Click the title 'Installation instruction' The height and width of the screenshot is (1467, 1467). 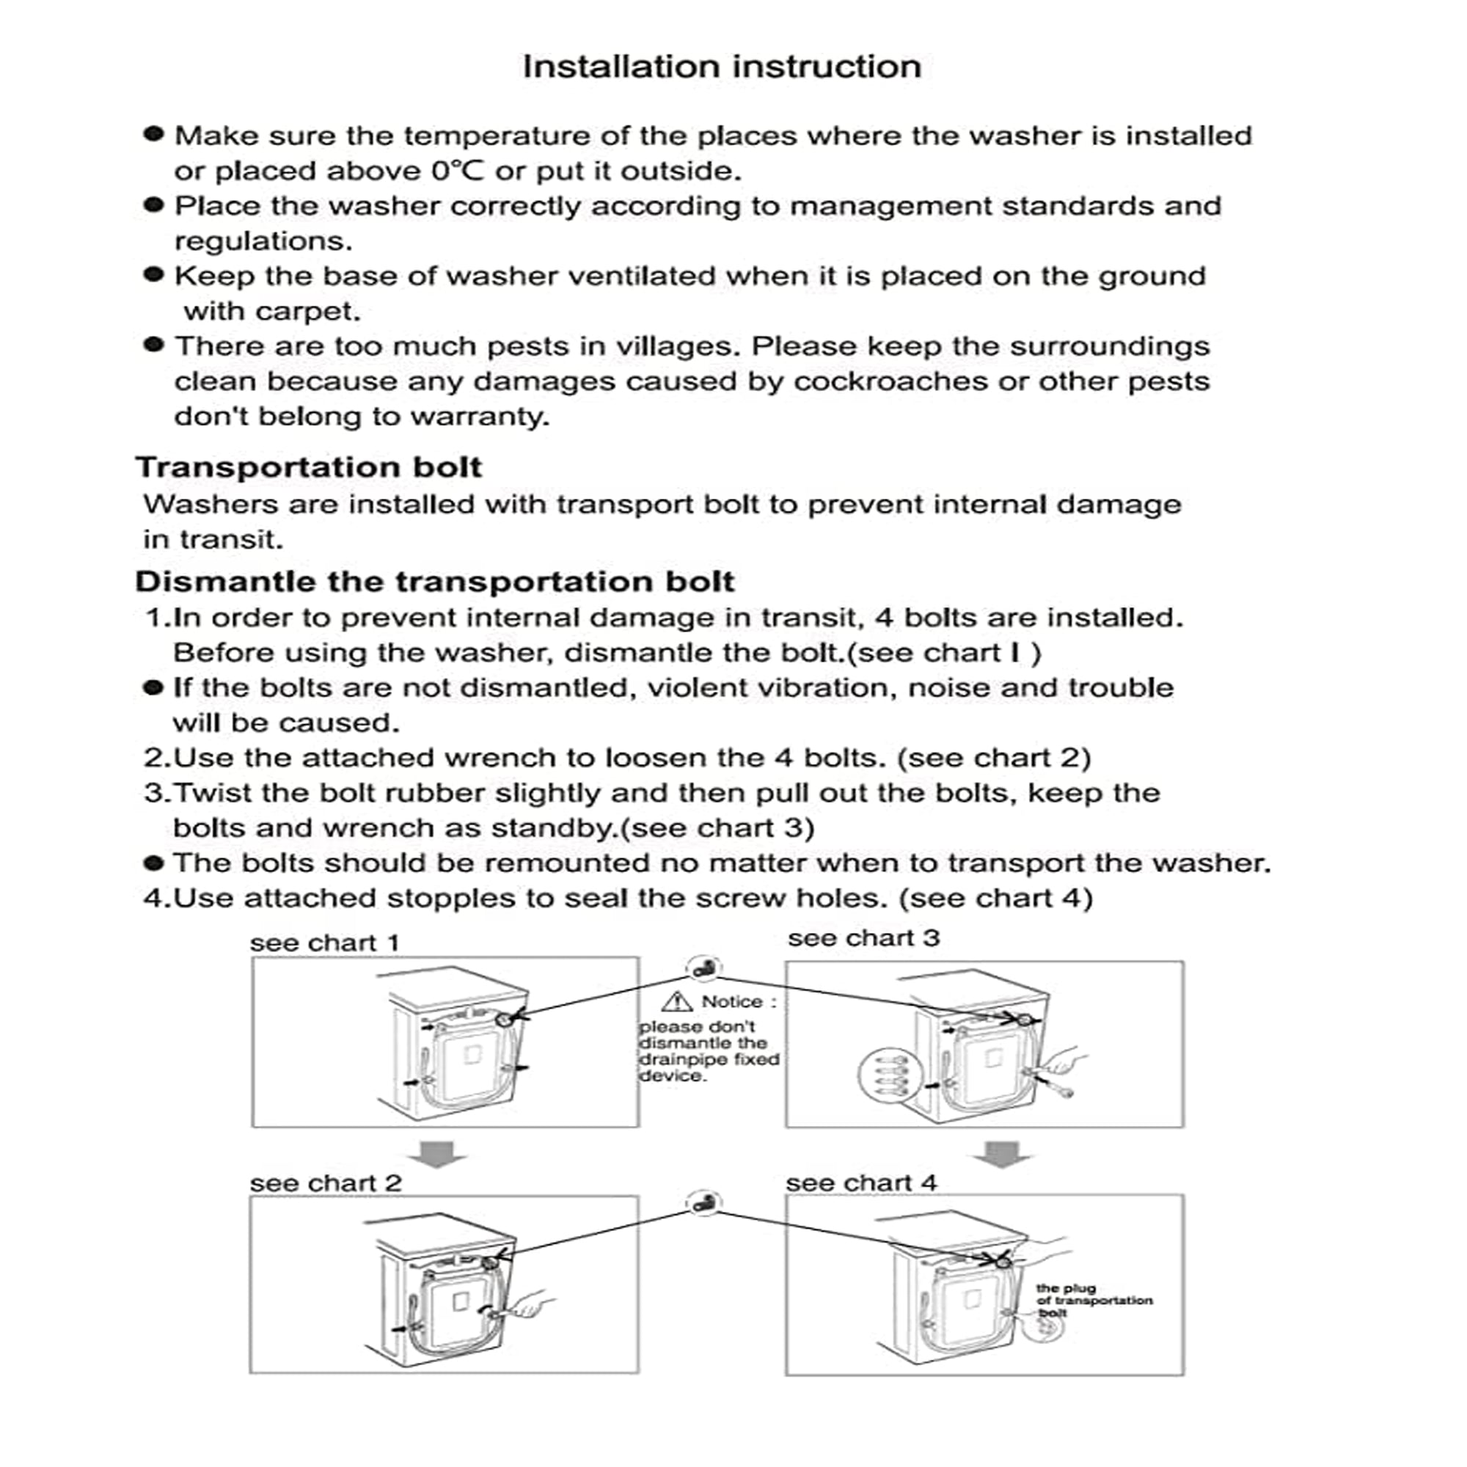[x=721, y=67]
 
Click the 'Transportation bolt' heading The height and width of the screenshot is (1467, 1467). [x=308, y=467]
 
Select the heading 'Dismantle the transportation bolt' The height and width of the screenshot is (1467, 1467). [x=434, y=582]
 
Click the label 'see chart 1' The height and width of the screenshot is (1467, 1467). [x=324, y=943]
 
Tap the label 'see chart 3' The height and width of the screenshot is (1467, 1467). [x=863, y=939]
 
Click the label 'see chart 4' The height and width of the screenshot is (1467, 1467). [x=861, y=1183]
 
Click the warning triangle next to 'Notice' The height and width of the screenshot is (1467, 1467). [x=676, y=1002]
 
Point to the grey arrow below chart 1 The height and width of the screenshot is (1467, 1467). [x=437, y=1153]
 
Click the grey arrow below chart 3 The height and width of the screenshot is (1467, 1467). [x=1002, y=1153]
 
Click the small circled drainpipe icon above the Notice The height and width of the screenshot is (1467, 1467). [x=704, y=969]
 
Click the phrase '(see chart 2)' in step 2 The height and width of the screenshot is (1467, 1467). [x=994, y=758]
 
